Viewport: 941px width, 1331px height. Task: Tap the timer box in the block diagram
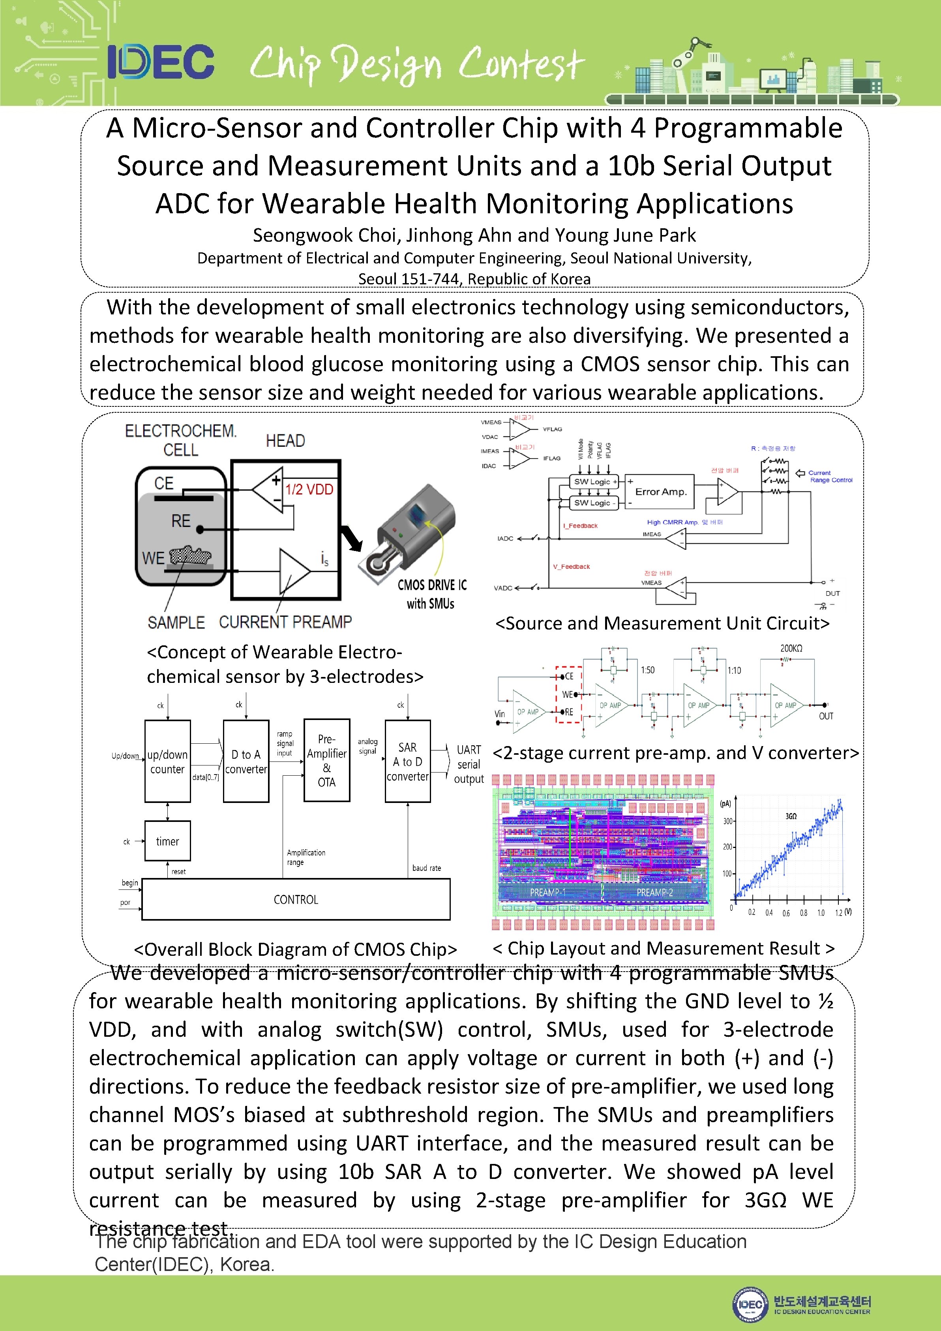(167, 841)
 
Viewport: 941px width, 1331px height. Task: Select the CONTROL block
(296, 899)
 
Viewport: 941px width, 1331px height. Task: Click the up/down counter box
(167, 761)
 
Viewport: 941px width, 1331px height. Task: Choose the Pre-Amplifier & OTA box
(327, 760)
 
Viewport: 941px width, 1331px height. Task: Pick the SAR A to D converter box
(407, 761)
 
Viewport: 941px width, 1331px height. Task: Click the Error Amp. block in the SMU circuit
(660, 492)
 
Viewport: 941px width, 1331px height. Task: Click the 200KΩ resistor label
(791, 648)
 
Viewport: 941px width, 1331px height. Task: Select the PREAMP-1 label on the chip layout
(547, 892)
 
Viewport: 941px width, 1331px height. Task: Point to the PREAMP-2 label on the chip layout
(655, 892)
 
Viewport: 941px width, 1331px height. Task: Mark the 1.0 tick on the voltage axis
(821, 912)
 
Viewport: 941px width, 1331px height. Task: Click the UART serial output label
(469, 764)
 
